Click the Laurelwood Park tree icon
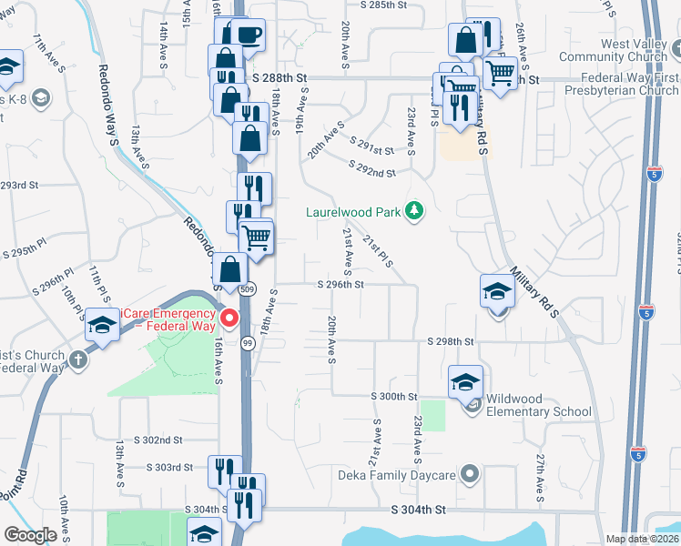coord(414,212)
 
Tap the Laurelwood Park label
coord(352,213)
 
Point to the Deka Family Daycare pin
coord(470,473)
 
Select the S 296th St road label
coord(340,285)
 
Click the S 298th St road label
coord(452,341)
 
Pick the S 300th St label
coord(393,397)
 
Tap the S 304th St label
coord(420,511)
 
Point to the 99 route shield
coord(248,342)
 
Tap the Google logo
coord(31,535)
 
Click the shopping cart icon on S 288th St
coord(499,72)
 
